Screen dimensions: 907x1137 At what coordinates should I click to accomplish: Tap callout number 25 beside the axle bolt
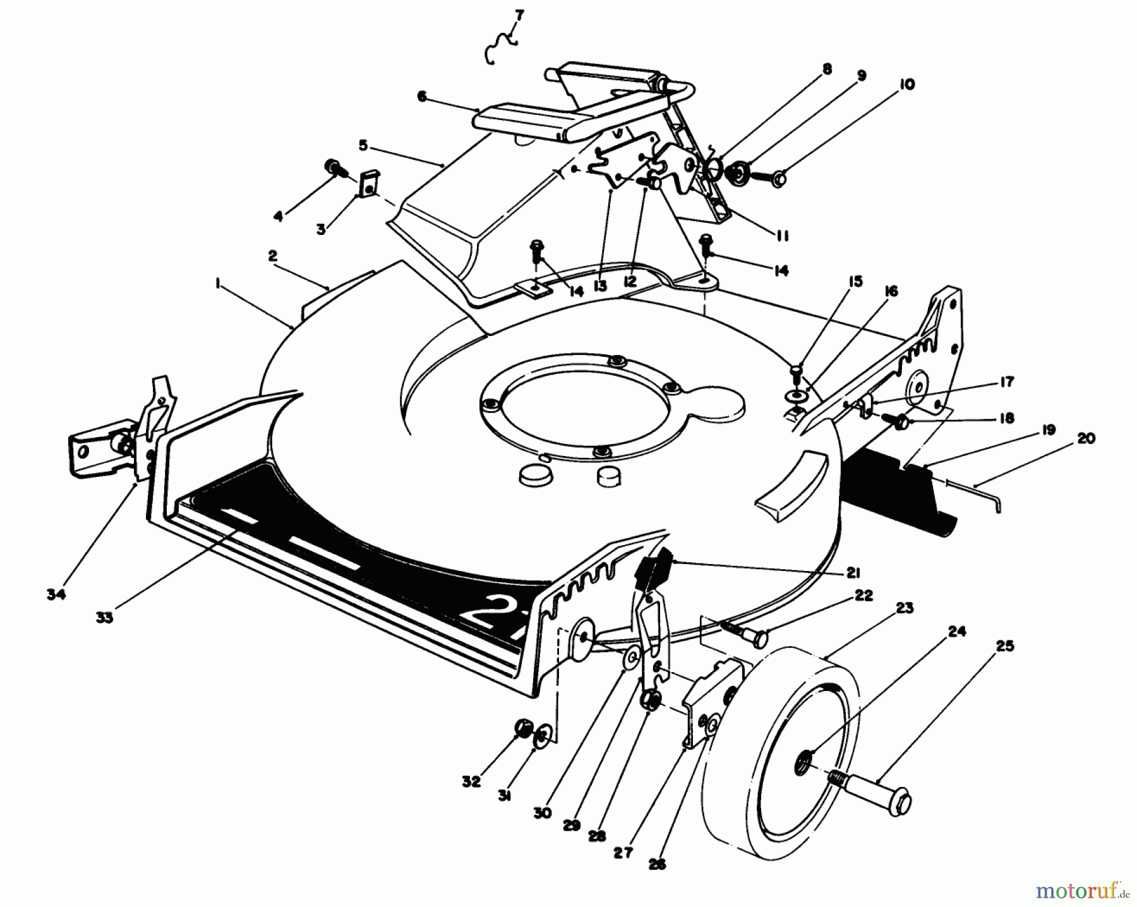pyautogui.click(x=1005, y=646)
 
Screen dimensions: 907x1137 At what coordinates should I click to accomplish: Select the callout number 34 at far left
pyautogui.click(x=56, y=594)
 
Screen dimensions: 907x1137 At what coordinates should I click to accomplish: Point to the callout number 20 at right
pyautogui.click(x=1086, y=437)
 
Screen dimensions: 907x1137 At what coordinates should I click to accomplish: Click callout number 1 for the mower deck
pyautogui.click(x=218, y=285)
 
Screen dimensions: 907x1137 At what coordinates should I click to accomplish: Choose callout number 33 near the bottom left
pyautogui.click(x=104, y=618)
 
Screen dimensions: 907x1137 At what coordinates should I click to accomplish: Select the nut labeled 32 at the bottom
pyautogui.click(x=523, y=730)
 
